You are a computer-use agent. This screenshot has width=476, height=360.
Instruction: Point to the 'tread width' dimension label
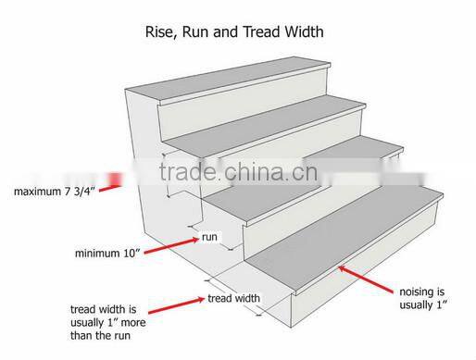233,298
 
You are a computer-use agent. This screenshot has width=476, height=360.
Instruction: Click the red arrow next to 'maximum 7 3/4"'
108,180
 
